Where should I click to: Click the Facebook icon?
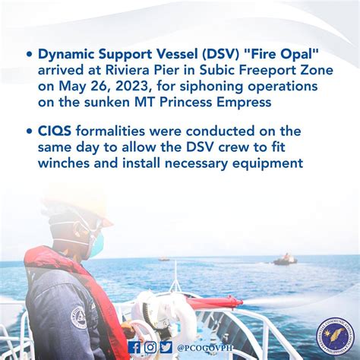point(134,347)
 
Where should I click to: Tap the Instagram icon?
point(150,347)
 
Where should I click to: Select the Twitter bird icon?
point(166,347)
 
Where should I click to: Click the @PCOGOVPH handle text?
point(204,348)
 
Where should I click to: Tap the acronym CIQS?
point(55,131)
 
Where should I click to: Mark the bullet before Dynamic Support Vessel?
point(30,55)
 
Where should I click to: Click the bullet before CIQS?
point(30,131)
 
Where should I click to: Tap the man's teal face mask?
point(96,244)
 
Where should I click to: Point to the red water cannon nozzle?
point(215,302)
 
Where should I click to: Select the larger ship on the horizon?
point(286,260)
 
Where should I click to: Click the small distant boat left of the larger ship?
point(163,259)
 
